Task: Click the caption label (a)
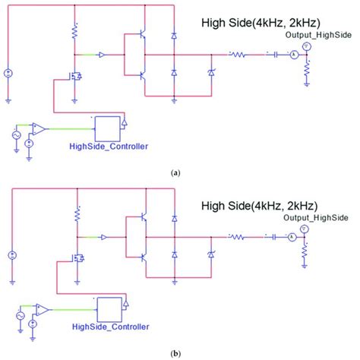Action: (175, 173)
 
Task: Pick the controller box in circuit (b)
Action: (109, 308)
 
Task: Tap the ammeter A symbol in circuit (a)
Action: (289, 55)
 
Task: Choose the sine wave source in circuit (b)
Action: (20, 312)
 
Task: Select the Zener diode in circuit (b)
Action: (210, 254)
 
